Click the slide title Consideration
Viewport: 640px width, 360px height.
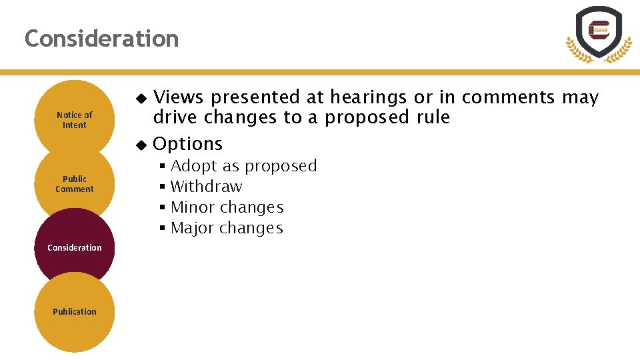[x=101, y=39]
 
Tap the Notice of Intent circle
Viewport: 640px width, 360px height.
[x=75, y=120]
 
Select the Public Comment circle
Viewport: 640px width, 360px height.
[x=75, y=183]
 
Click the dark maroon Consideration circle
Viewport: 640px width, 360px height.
[x=75, y=247]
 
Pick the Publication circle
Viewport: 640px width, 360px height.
[x=75, y=311]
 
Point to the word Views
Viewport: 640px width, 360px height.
[x=179, y=97]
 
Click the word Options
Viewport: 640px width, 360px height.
[x=188, y=143]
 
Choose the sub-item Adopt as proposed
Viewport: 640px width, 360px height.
[x=243, y=165]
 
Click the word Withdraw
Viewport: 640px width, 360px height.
[x=206, y=187]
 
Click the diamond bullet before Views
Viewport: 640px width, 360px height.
[x=140, y=98]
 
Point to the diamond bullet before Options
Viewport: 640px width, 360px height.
[x=140, y=144]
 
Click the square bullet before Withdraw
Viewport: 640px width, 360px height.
[x=162, y=187]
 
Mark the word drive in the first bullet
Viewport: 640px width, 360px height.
[x=175, y=117]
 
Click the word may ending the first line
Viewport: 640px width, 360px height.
[x=580, y=97]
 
